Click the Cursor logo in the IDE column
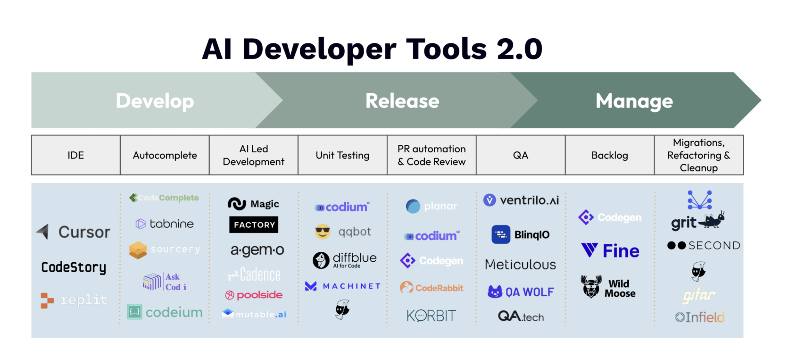(73, 232)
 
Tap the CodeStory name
(74, 267)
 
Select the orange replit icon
(47, 300)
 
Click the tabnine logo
(164, 224)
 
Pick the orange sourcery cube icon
(138, 250)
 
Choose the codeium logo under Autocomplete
(165, 312)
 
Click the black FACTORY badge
(254, 225)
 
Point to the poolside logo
(254, 295)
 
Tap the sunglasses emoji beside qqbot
(322, 232)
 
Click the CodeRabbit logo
(431, 288)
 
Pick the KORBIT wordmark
(431, 315)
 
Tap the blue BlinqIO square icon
(501, 234)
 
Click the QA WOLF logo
(521, 292)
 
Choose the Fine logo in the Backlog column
(610, 251)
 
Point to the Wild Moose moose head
(591, 287)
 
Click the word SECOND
(714, 246)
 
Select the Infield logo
(700, 317)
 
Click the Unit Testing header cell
(342, 155)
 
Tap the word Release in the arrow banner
(402, 101)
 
